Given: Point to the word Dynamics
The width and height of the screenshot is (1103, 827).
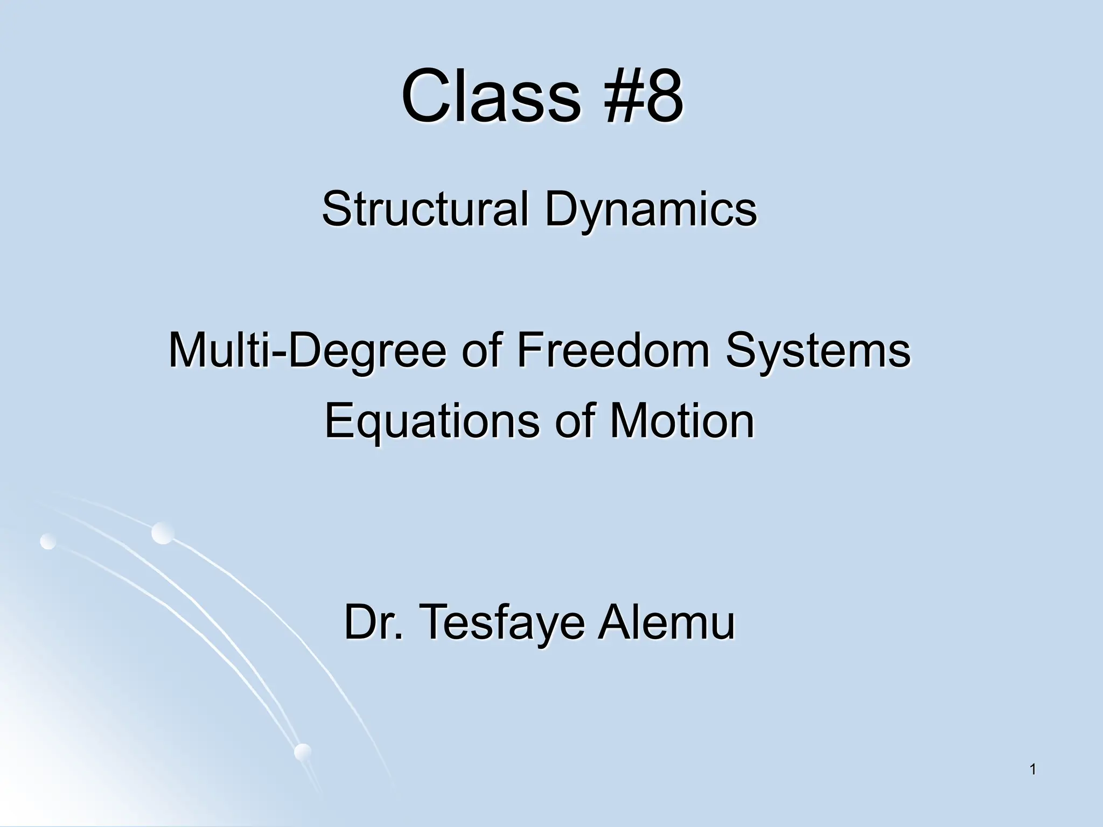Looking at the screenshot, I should click(650, 210).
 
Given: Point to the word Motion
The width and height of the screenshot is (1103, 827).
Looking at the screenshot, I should click(682, 421).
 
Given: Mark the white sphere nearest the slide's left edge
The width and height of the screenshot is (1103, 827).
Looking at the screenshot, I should click(48, 541).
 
